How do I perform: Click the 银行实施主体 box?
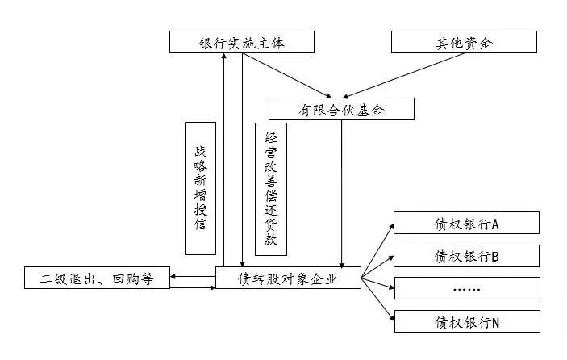pyautogui.click(x=242, y=42)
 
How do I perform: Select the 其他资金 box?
pyautogui.click(x=464, y=42)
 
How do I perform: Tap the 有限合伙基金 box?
pyautogui.click(x=341, y=109)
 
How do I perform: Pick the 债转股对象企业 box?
pyautogui.click(x=288, y=278)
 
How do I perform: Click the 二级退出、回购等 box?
pyautogui.click(x=97, y=278)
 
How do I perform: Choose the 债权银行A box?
pyautogui.click(x=466, y=223)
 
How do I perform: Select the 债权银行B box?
pyautogui.click(x=466, y=256)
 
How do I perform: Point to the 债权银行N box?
pyautogui.click(x=467, y=321)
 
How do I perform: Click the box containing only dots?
pyautogui.click(x=467, y=288)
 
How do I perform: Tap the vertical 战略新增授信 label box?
pyautogui.click(x=200, y=189)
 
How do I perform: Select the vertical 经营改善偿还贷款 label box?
pyautogui.click(x=271, y=189)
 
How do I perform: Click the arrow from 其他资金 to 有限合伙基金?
pyautogui.click(x=403, y=76)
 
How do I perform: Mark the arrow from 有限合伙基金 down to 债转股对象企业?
pyautogui.click(x=342, y=194)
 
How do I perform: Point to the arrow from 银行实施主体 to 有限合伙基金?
pyautogui.click(x=287, y=76)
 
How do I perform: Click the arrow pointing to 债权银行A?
pyautogui.click(x=377, y=251)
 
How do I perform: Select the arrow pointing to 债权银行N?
pyautogui.click(x=378, y=299)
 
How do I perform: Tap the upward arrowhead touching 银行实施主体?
pyautogui.click(x=224, y=56)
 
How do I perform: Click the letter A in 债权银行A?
pyautogui.click(x=495, y=224)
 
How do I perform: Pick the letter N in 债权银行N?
pyautogui.click(x=495, y=323)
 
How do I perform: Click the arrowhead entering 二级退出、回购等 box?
pyautogui.click(x=173, y=276)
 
